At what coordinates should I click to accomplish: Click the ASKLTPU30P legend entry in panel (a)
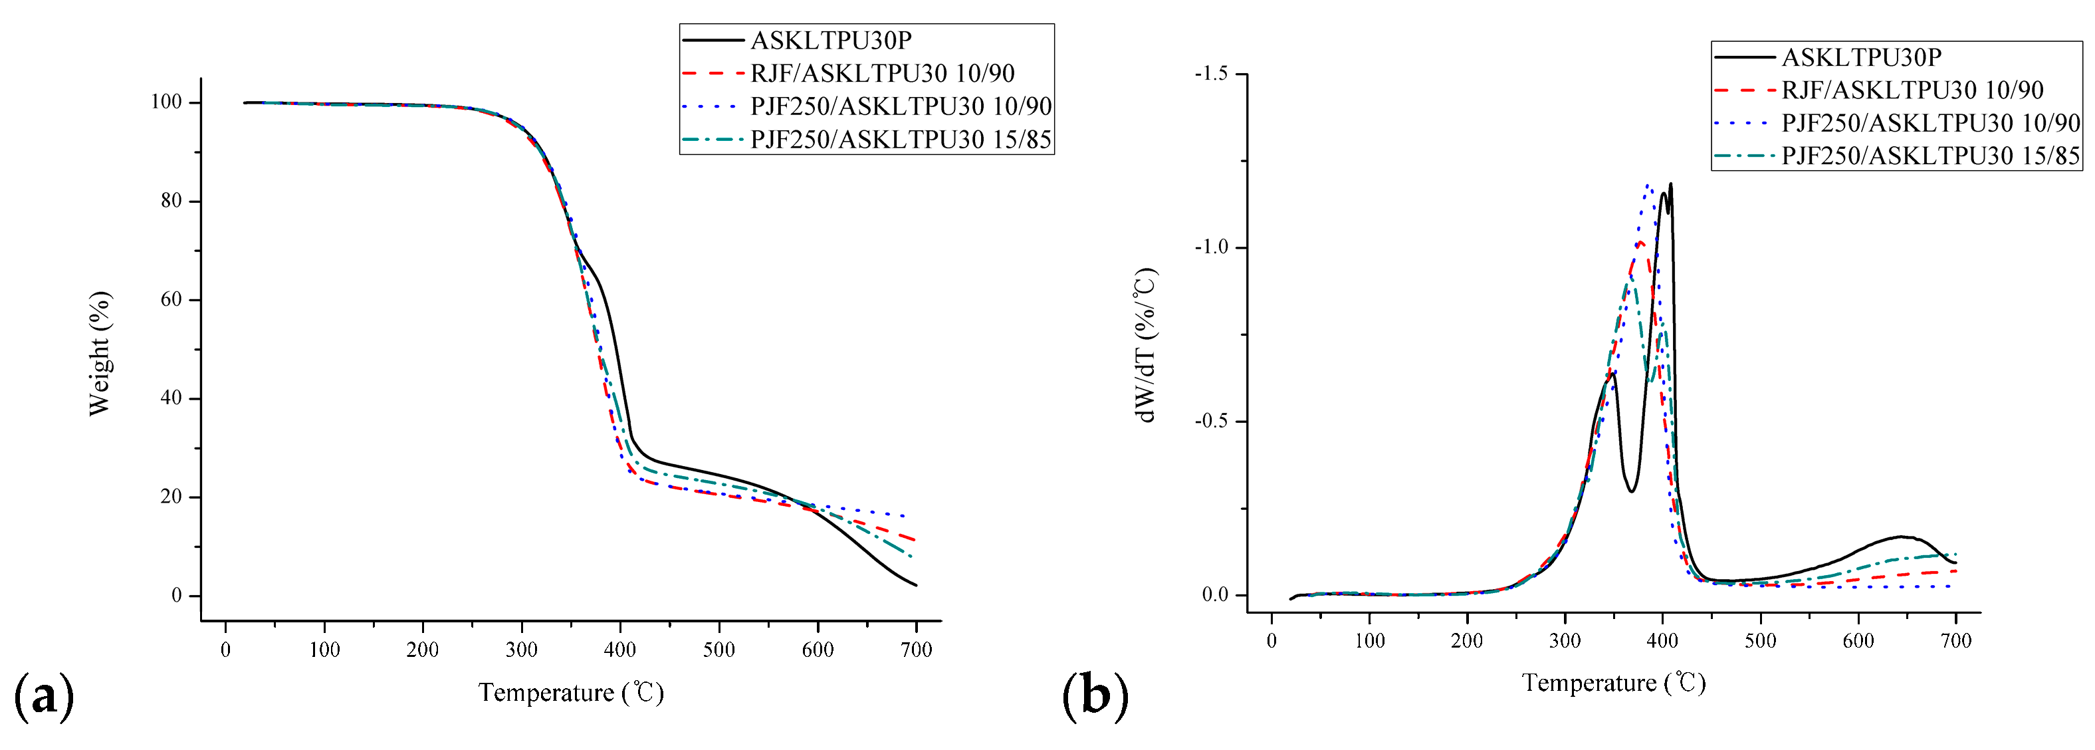coord(830,40)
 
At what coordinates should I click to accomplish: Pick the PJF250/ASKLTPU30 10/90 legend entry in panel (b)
coord(1930,123)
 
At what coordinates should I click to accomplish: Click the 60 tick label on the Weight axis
coord(171,299)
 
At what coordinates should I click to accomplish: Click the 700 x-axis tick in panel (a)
coord(916,649)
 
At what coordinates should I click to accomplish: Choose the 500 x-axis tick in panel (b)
coord(1760,640)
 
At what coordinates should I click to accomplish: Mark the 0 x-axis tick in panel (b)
coord(1271,640)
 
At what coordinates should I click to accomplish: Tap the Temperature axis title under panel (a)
coord(571,693)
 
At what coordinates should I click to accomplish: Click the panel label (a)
coord(44,696)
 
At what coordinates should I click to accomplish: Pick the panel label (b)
coord(1095,696)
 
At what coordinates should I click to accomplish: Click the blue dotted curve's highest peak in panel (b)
coord(1648,186)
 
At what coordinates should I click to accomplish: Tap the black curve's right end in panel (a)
coord(916,585)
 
